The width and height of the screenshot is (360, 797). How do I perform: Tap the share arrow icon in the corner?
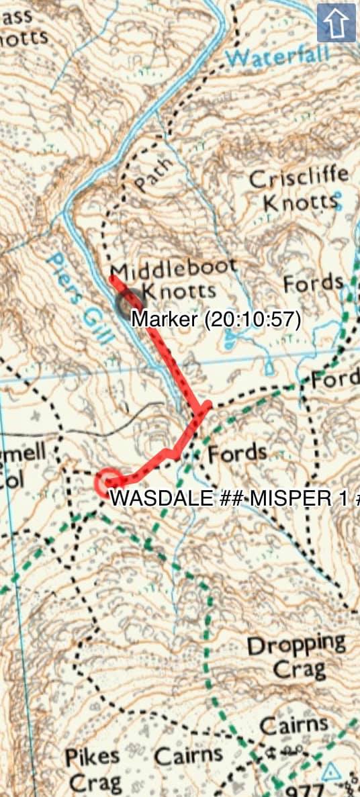[336, 24]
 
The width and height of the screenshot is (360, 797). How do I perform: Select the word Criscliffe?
[300, 178]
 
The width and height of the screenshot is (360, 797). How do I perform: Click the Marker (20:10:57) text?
[216, 319]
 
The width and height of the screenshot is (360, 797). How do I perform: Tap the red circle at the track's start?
[108, 482]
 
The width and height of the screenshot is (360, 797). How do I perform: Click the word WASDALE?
[150, 498]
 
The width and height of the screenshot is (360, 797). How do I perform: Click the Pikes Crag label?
[93, 769]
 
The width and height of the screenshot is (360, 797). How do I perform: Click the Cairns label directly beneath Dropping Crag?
[294, 725]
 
